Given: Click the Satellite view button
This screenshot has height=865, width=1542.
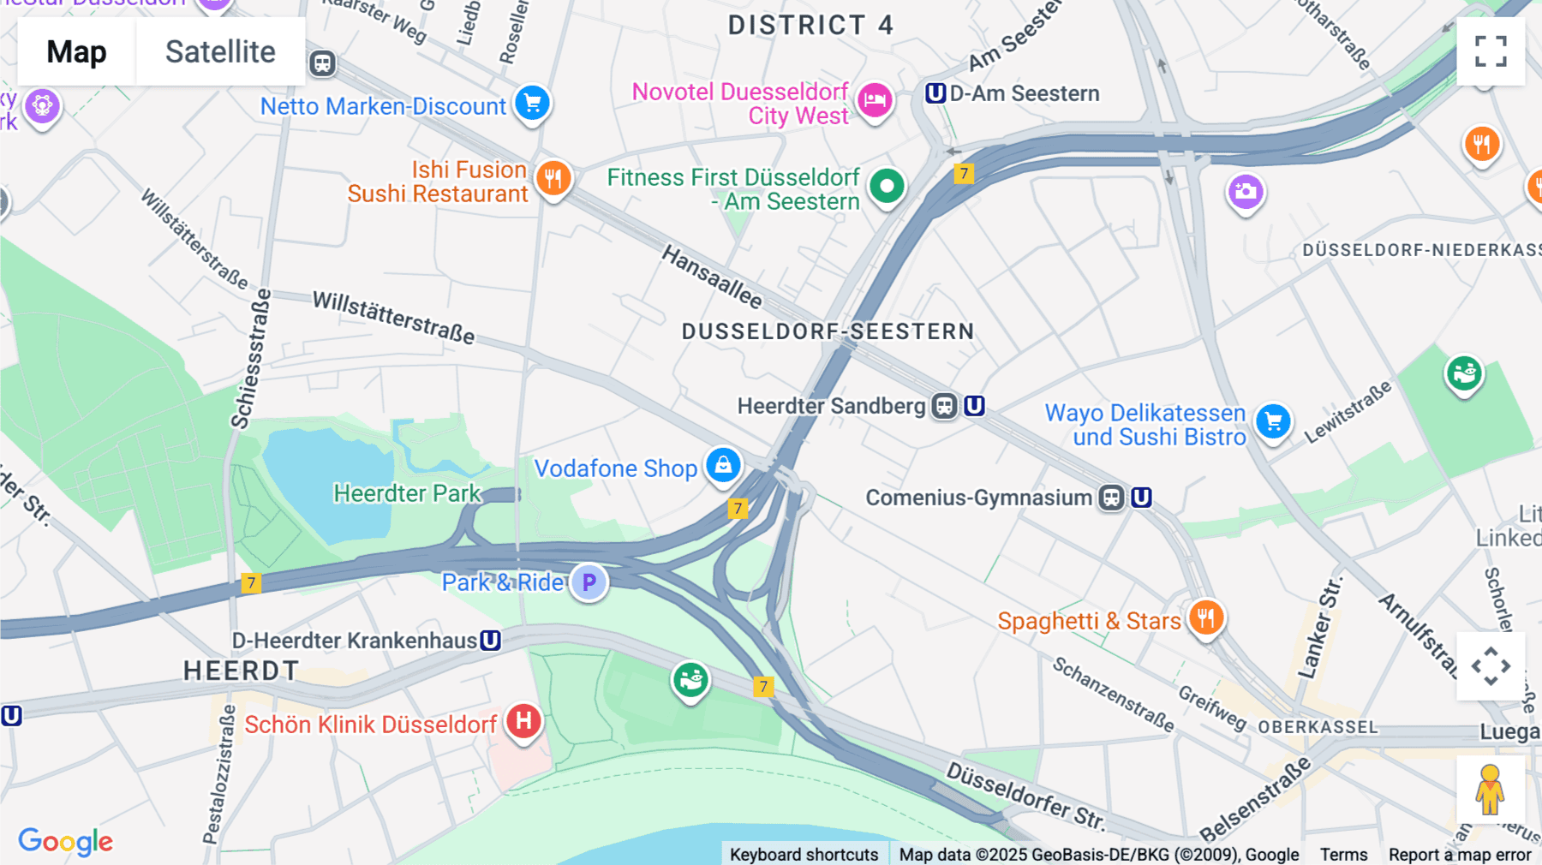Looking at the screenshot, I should (x=220, y=51).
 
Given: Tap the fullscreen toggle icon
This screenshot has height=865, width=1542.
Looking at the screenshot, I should (x=1491, y=51).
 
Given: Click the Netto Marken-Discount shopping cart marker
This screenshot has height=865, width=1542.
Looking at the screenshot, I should (x=532, y=103).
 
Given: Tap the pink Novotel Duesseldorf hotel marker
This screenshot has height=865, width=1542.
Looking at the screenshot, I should (x=875, y=100).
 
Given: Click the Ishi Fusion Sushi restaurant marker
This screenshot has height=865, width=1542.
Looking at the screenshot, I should (x=553, y=178).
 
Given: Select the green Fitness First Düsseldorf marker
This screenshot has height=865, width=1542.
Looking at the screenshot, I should (x=887, y=186).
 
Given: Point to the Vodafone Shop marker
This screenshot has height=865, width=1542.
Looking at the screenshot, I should (x=724, y=465).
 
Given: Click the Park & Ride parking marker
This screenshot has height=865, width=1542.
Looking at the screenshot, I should (x=589, y=582).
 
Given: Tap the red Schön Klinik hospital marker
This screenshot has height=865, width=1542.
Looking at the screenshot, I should (x=523, y=721).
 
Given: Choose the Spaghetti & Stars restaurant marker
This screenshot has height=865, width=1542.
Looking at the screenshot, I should (x=1206, y=617).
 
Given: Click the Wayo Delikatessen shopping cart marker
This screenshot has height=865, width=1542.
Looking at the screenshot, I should (x=1273, y=421).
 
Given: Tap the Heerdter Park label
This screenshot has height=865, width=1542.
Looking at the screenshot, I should (x=407, y=493).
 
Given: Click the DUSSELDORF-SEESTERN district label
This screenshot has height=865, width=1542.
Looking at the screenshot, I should (x=828, y=331).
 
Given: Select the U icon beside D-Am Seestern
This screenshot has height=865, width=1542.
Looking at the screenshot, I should (x=935, y=92).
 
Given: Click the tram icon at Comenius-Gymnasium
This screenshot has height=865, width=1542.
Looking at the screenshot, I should (x=1111, y=498).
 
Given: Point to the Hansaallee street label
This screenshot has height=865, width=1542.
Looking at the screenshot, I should (x=712, y=277).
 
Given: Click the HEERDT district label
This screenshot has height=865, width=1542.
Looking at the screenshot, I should (x=241, y=671).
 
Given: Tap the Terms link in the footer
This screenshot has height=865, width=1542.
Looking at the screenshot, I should (x=1343, y=854).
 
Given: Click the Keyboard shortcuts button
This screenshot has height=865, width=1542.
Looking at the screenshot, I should (x=804, y=854).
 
